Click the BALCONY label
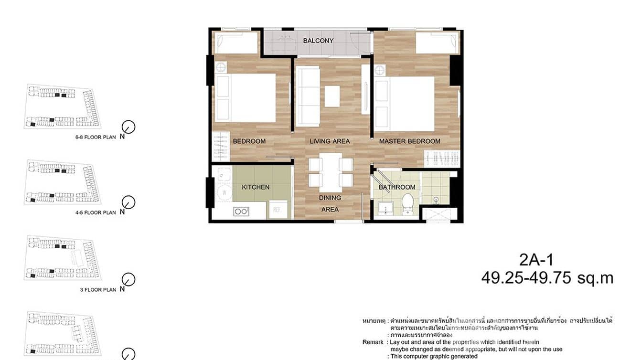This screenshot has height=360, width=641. tap(318, 41)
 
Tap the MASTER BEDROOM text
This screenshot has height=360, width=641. tap(409, 141)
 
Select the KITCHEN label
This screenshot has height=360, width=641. tap(256, 187)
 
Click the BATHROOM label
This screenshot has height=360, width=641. tap(397, 187)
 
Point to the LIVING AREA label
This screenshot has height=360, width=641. tap(330, 141)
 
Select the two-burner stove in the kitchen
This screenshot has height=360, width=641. tap(242, 211)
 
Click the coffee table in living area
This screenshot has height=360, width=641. tap(332, 95)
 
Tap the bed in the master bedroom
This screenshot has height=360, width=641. tap(406, 103)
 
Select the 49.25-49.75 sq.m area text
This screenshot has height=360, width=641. tap(547, 278)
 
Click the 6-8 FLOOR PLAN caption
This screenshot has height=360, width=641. tap(96, 137)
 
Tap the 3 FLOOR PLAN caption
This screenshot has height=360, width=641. tap(98, 290)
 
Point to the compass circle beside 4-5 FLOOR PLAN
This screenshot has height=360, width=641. tap(128, 202)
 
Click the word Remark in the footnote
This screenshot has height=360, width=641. tap(373, 342)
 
